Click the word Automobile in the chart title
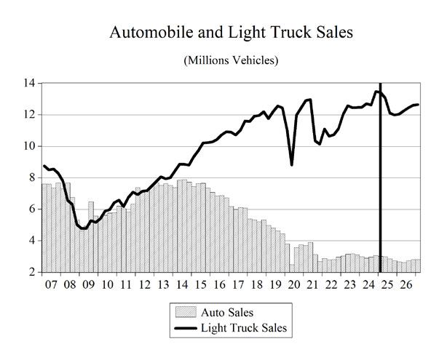point(151,32)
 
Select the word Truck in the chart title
point(290,32)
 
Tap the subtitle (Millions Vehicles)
point(231,60)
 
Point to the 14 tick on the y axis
point(29,83)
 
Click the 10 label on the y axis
point(29,146)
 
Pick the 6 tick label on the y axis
point(32,209)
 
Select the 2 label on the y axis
point(32,272)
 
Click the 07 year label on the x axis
point(51,284)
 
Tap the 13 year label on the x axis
point(163,284)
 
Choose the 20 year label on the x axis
point(294,284)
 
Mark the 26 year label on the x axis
point(406,284)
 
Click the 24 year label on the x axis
point(369,284)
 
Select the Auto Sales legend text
point(227,313)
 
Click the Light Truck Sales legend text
point(244,328)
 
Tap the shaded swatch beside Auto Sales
point(186,312)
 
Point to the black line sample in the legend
point(186,329)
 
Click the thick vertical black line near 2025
point(380,177)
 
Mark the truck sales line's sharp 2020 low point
point(292,164)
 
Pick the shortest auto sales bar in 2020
point(292,268)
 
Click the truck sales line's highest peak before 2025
point(376,92)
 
